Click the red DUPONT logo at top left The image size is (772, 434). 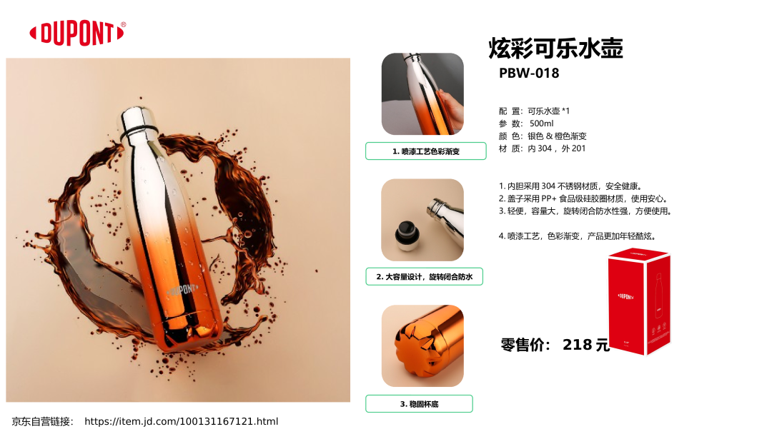76,34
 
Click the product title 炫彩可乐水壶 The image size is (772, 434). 556,48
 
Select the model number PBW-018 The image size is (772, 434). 529,74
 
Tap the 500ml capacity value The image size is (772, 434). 541,123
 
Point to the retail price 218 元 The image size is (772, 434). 586,345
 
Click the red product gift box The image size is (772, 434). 639,301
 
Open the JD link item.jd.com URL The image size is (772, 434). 181,421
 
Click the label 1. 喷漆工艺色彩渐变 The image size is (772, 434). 426,151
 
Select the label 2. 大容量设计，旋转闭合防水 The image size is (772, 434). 424,277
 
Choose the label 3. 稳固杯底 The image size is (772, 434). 419,404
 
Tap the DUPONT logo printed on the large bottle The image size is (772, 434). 183,290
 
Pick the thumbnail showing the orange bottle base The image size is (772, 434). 422,345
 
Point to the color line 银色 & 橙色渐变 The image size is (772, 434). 557,136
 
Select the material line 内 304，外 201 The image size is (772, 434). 556,148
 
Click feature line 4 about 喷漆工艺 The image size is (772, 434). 578,236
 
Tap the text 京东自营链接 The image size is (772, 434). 42,422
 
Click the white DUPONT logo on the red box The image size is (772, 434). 625,296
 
